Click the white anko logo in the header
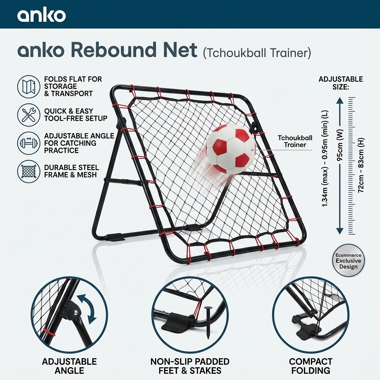pyautogui.click(x=42, y=16)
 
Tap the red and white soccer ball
pyautogui.click(x=230, y=148)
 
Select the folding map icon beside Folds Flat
pyautogui.click(x=29, y=86)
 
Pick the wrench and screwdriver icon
pyautogui.click(x=29, y=115)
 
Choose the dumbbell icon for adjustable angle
pyautogui.click(x=29, y=143)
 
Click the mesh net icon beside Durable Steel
pyautogui.click(x=29, y=171)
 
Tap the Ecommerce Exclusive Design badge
pyautogui.click(x=348, y=261)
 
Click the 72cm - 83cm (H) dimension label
pyautogui.click(x=361, y=165)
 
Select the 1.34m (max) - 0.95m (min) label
pyautogui.click(x=325, y=159)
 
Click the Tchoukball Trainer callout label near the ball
pyautogui.click(x=295, y=141)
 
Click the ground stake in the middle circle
pyautogui.click(x=208, y=324)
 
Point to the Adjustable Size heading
pyautogui.click(x=341, y=83)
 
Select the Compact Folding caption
pyautogui.click(x=311, y=366)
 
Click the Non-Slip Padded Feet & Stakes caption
pyautogui.click(x=190, y=366)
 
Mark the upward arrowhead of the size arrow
pyautogui.click(x=340, y=101)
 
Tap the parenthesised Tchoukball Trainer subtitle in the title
pyautogui.click(x=257, y=53)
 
